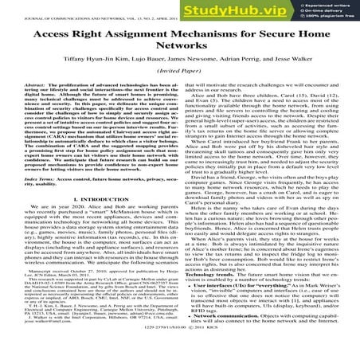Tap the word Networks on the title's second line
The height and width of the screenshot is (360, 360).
[x=180, y=56]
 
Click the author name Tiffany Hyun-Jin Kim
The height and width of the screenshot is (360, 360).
[x=93, y=72]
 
